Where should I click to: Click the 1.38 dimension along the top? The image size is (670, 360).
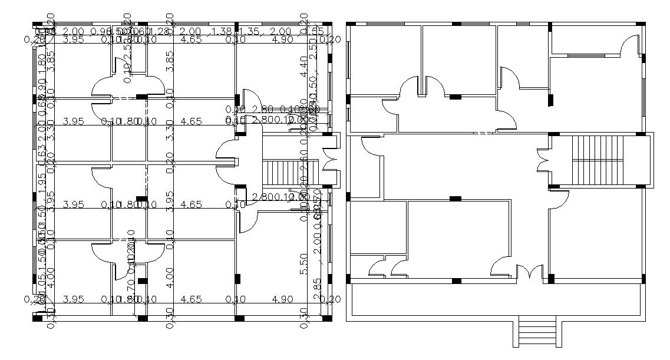221,31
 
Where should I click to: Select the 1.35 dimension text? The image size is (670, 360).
249,31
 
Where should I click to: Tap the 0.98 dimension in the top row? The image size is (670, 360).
101,31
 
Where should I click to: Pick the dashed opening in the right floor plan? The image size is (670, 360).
483,134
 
